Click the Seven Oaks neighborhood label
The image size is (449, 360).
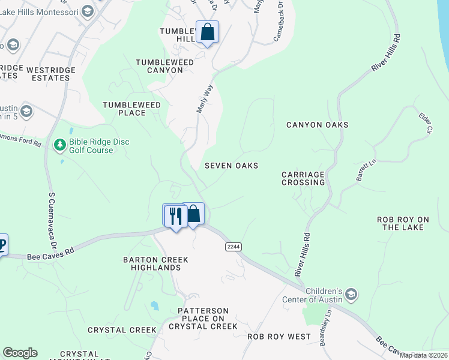[x=231, y=166]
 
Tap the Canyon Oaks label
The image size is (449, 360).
[x=317, y=125]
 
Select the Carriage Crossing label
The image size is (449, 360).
[x=303, y=178]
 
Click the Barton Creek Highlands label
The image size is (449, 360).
[x=160, y=263]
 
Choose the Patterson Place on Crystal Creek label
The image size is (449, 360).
[x=203, y=319]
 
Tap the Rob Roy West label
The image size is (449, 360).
[x=279, y=337]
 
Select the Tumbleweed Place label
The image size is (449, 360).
[x=132, y=109]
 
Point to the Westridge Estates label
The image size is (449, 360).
[x=45, y=74]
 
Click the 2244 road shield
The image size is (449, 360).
[x=233, y=247]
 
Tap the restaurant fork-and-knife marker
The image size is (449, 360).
[x=175, y=216]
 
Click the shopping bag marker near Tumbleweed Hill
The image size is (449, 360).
[x=207, y=32]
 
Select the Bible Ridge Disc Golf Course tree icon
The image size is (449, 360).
[x=60, y=145]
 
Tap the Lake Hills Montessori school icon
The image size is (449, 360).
[x=88, y=11]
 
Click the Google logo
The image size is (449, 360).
[x=20, y=353]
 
